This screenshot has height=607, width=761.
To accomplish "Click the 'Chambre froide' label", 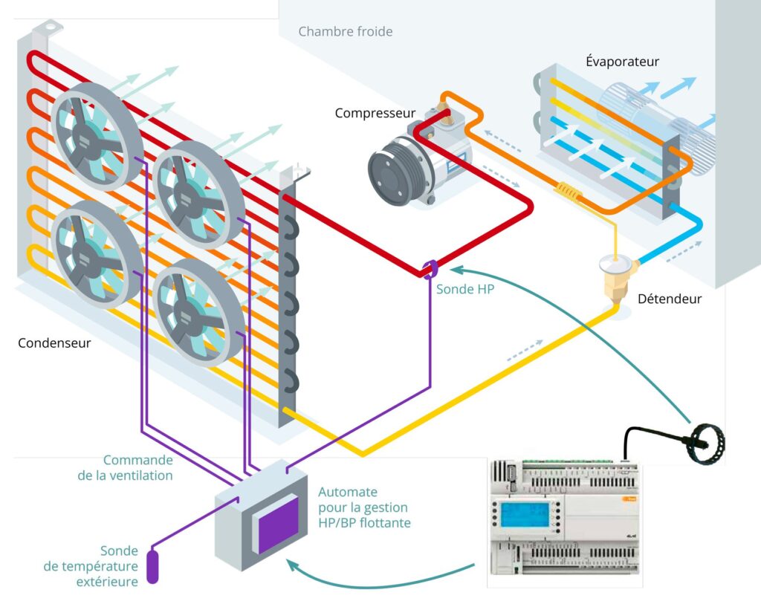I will (x=345, y=32).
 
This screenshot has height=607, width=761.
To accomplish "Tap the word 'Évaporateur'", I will (x=622, y=62).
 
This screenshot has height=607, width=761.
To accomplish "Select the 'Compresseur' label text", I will (x=375, y=113).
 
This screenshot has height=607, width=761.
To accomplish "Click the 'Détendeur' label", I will (x=670, y=299).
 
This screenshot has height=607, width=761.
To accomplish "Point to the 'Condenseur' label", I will (x=54, y=343).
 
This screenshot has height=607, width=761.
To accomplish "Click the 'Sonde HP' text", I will (x=464, y=289).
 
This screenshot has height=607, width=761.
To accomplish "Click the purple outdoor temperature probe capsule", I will (x=153, y=565).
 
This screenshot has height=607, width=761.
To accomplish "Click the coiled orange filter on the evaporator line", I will (x=569, y=193).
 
